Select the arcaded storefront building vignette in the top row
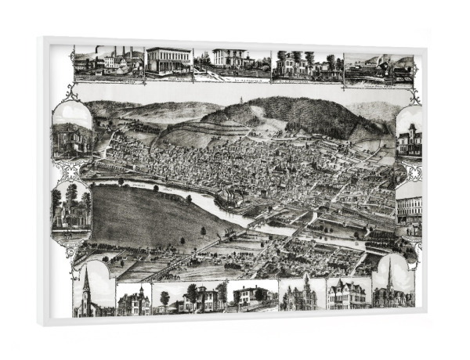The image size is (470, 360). pyautogui.click(x=168, y=63)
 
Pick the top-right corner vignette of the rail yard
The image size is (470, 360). pyautogui.click(x=378, y=67)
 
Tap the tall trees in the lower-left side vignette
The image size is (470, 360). pyautogui.click(x=71, y=200)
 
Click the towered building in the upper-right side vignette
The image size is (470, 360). pyautogui.click(x=410, y=139)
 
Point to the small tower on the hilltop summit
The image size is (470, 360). pyautogui.click(x=250, y=99)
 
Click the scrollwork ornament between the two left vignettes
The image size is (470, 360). pyautogui.click(x=69, y=171)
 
